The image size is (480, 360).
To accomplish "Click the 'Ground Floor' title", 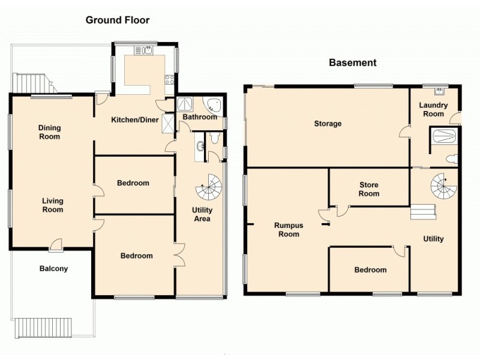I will coord(118,20).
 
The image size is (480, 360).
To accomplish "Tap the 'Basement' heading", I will coord(352,62).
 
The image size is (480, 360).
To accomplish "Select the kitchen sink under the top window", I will coord(146,50).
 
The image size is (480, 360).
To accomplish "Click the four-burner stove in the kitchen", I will coord(170,79).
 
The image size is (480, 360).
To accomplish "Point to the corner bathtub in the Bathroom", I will coord(212,106).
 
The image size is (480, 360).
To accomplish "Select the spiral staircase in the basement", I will coord(444,188).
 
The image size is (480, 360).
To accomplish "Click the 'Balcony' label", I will coord(53,269).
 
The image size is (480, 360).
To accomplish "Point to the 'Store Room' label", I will coord(369,189).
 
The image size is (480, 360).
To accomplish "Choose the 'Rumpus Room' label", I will coord(287,230).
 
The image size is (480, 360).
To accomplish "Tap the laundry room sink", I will coord(440,92).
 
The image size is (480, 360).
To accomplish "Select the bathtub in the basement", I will coord(444,136).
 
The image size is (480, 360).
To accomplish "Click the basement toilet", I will coord(453,159).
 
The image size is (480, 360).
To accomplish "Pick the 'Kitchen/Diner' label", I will coord(135,119).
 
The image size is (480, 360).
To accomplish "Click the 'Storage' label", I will coord(328,124).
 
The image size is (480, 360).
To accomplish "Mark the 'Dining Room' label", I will coord(50,132).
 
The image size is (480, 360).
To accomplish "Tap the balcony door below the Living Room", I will coord(56,244).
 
